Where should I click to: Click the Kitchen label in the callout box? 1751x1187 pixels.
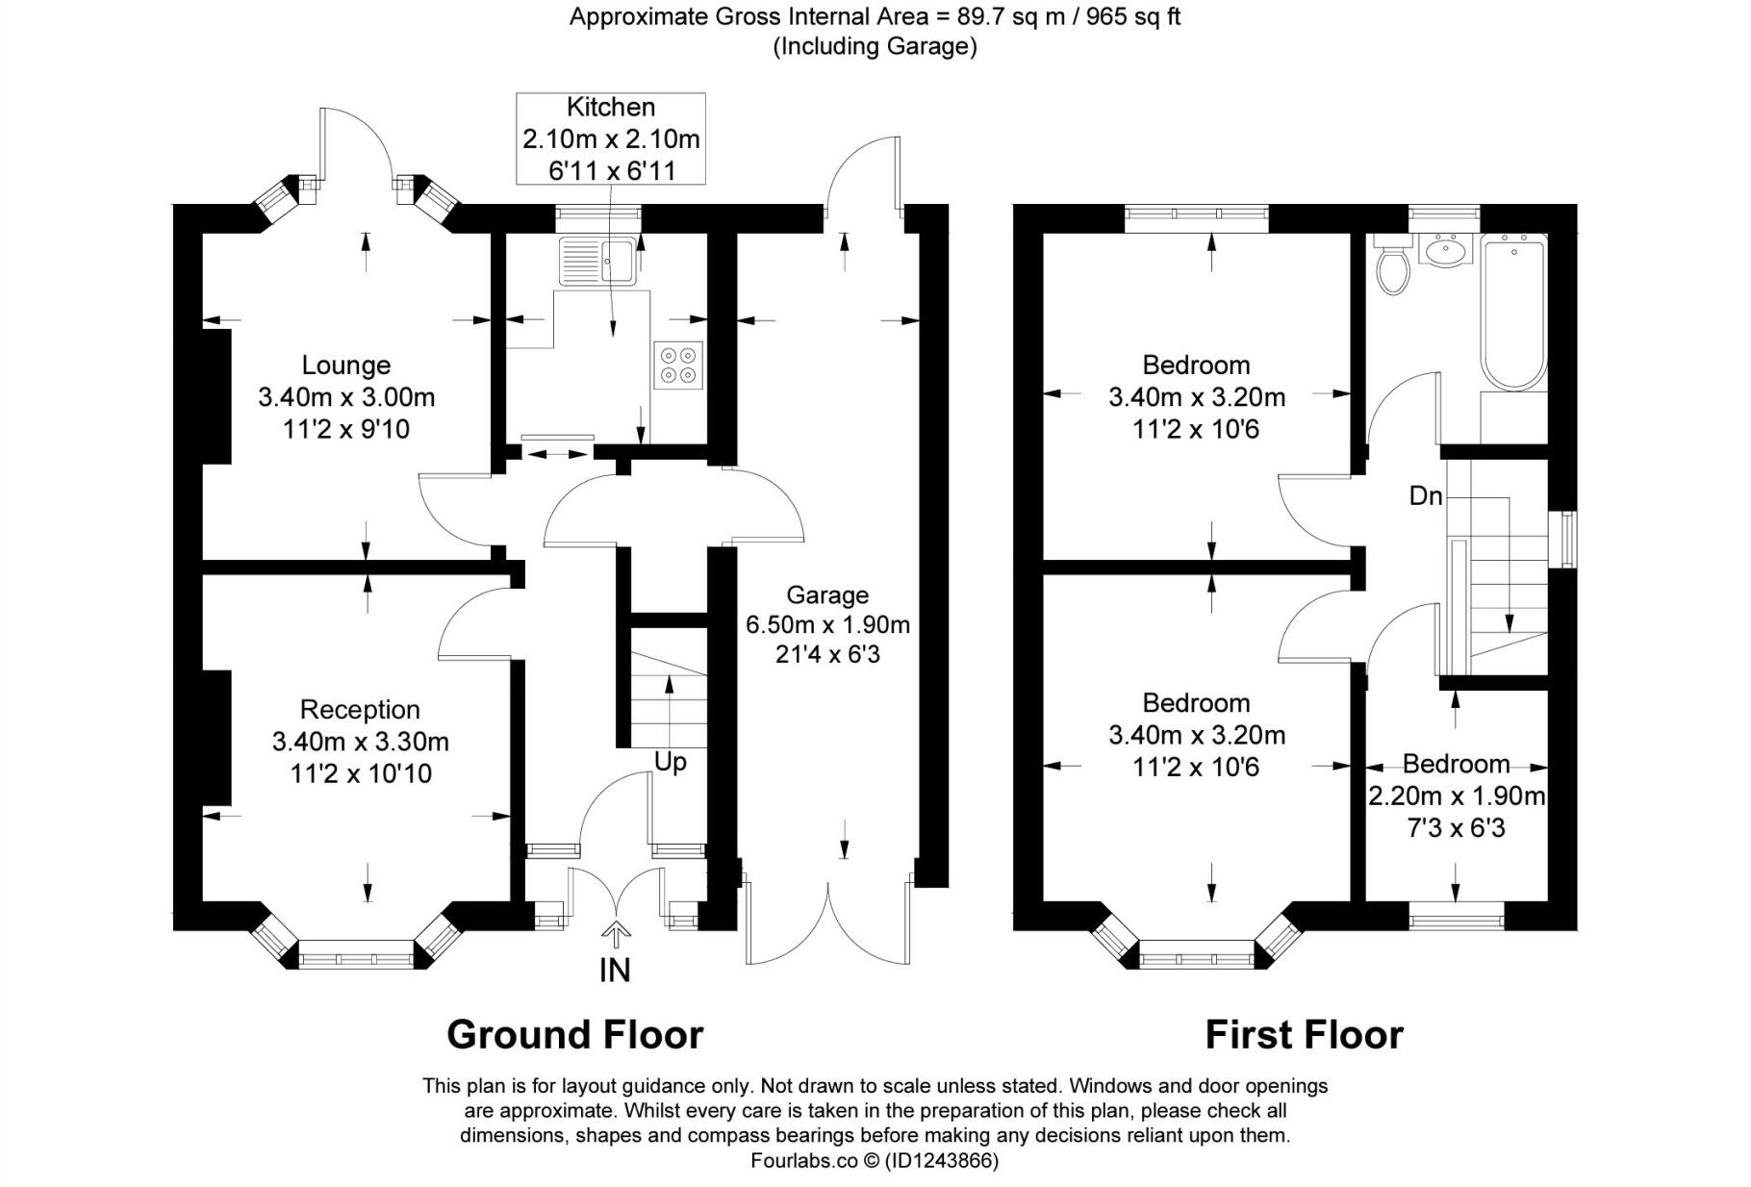point(610,107)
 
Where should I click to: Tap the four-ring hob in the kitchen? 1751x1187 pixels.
point(677,366)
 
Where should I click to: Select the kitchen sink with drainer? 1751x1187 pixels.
point(596,260)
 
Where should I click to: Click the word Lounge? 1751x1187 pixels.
point(345,365)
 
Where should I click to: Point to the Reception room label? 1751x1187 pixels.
point(360,709)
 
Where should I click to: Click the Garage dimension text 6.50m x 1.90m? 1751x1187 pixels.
point(827,625)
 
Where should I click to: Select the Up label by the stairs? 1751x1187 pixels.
point(670,762)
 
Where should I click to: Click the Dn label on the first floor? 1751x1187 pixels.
point(1426,495)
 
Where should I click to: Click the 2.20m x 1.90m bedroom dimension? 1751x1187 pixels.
point(1456,796)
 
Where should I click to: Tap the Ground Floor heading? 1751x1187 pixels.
point(574,1035)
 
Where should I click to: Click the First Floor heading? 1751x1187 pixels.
point(1304,1035)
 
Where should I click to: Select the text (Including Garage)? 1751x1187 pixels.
point(875,46)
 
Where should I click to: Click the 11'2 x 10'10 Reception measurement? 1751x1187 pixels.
point(361,773)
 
